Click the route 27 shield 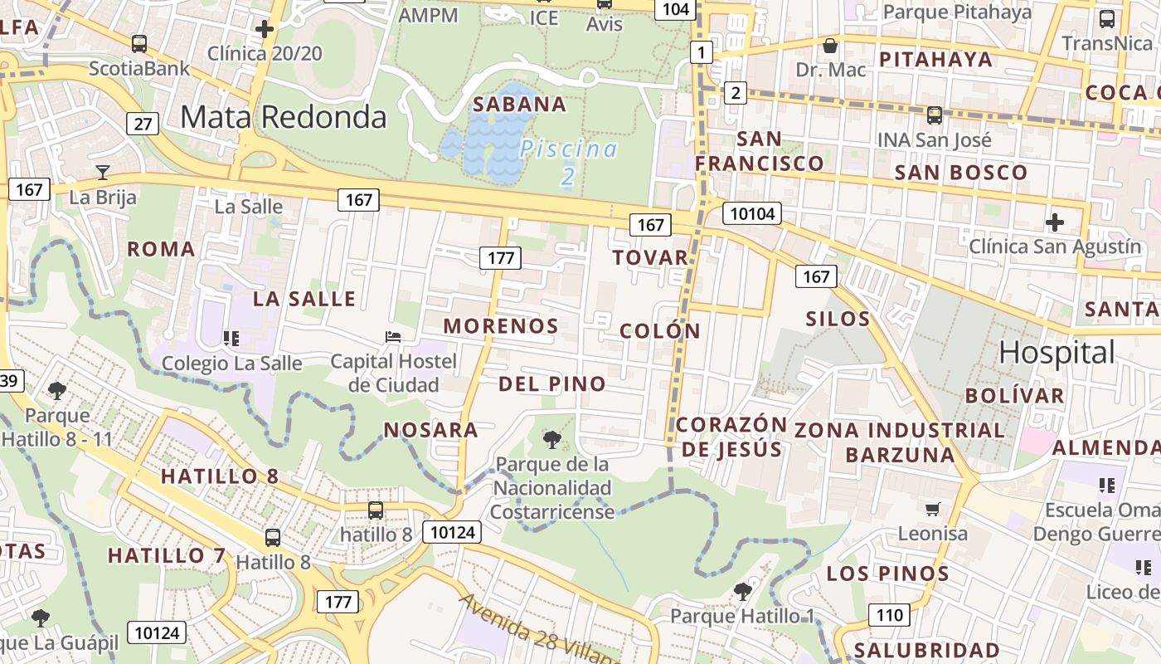coord(143,124)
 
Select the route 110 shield coord(889,615)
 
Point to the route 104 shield coord(676,9)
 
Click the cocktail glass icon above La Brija coord(103,173)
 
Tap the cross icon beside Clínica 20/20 coord(265,30)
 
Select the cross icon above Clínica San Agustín coord(1055,222)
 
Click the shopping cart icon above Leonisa coord(933,509)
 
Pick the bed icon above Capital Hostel coord(394,337)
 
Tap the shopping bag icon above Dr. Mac coord(829,46)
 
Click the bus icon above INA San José coord(935,115)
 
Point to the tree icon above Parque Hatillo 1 coord(742,591)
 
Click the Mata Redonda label coord(284,117)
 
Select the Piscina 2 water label coord(569,162)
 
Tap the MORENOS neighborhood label coord(501,325)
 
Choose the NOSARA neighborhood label coord(431,430)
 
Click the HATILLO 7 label coord(167,555)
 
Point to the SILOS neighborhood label coord(838,319)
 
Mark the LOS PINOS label coord(888,574)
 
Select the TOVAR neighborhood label coord(651,257)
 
